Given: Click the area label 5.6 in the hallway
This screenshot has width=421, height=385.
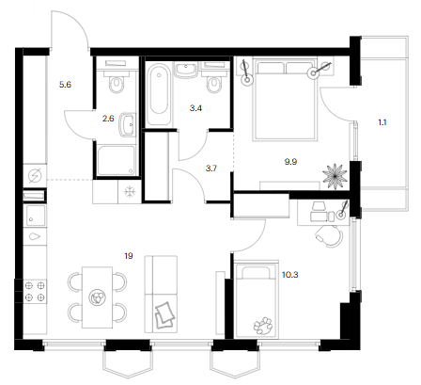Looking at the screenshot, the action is point(65,85).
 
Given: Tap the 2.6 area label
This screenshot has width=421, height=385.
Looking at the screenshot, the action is point(108,119).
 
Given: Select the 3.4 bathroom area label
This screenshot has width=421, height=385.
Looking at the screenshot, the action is point(195,108).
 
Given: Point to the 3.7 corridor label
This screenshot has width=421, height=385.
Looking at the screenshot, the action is point(211,168).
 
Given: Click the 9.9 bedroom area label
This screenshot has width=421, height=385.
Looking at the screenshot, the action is point(290,162).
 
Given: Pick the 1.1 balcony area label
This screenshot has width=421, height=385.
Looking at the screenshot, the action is point(382,122).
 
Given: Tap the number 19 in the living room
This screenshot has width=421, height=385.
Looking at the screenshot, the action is point(129,256).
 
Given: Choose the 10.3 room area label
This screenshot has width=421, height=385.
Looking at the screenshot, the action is point(290,275).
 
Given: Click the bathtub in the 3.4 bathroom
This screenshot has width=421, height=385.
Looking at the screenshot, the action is point(159,93).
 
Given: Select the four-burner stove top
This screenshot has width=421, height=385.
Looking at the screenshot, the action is point(35,291).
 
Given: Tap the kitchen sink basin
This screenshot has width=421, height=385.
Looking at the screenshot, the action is point(36,216).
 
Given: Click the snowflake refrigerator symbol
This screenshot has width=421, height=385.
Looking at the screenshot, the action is point(130,192).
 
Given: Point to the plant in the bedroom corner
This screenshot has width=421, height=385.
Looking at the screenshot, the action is point(335,176).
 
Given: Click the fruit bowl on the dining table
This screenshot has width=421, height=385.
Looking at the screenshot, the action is point(97,297).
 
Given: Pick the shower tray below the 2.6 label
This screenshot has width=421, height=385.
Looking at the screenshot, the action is point(116,160).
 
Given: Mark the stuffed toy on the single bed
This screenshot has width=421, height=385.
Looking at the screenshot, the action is point(263,327).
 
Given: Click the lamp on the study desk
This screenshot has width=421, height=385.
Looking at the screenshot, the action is point(342,211).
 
